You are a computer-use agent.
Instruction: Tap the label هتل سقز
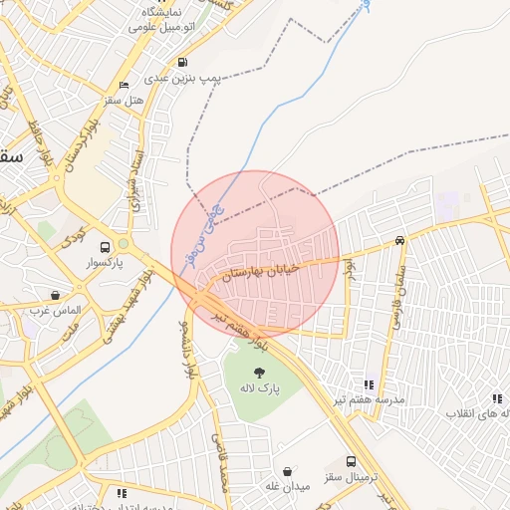click(124, 100)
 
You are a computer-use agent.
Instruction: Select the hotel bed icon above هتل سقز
click(124, 86)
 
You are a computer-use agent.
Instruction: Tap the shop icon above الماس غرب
click(55, 296)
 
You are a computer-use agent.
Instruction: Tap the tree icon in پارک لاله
click(260, 371)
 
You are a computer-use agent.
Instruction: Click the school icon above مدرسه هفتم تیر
click(370, 383)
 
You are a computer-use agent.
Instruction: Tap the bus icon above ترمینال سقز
click(351, 462)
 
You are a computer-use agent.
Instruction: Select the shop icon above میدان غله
click(288, 471)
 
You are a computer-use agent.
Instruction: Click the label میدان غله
click(288, 486)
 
